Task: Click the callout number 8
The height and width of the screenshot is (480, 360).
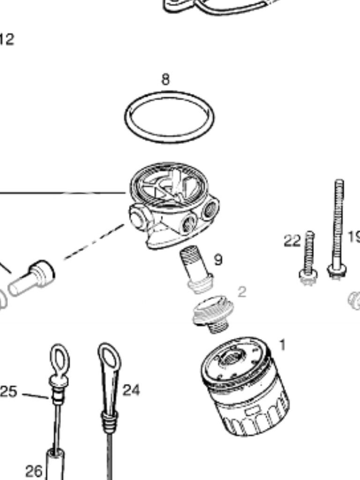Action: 165,80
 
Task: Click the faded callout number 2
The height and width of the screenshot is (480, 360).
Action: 241,292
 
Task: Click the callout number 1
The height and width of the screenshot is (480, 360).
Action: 282,345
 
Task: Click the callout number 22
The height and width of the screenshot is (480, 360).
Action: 292,241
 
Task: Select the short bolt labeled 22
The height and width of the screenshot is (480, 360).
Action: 308,258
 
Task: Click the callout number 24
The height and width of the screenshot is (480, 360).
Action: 131,390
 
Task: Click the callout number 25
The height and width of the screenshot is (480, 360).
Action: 8,392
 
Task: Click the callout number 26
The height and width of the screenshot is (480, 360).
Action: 34,470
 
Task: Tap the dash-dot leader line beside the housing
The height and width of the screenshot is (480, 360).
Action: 94,242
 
